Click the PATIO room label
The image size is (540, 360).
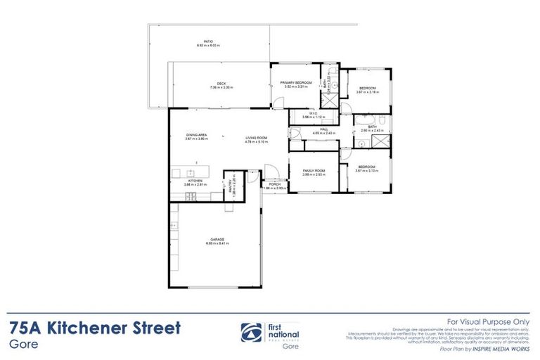coord(208,41)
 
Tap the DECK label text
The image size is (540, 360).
coord(221,84)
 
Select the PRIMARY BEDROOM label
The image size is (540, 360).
coord(296,83)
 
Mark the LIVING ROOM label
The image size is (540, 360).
coord(257,138)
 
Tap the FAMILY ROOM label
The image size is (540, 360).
coord(314,171)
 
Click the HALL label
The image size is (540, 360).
coord(325,129)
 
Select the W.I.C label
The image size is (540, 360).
coord(314,112)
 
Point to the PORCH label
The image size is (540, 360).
coord(274,185)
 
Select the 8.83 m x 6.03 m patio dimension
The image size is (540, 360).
coord(208,46)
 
